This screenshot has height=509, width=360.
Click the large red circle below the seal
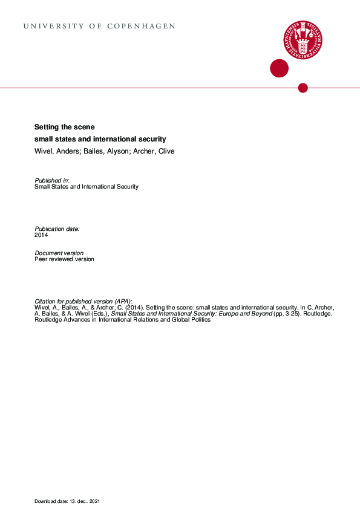point(279,68)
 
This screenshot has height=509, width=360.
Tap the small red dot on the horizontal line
point(303,88)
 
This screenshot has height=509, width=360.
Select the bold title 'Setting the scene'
point(65,127)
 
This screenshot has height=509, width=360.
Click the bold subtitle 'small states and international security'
point(100,139)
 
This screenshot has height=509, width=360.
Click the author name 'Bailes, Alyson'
point(105,151)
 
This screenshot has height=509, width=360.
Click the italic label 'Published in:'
point(52,180)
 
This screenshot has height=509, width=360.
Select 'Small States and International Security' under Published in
point(87,187)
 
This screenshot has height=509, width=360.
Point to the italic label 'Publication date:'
point(57,229)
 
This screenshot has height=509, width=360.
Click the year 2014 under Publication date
point(41,235)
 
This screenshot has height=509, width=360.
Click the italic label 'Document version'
point(59,253)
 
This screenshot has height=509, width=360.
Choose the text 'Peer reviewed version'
point(65,259)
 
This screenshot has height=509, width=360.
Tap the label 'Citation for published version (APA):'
point(83,301)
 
